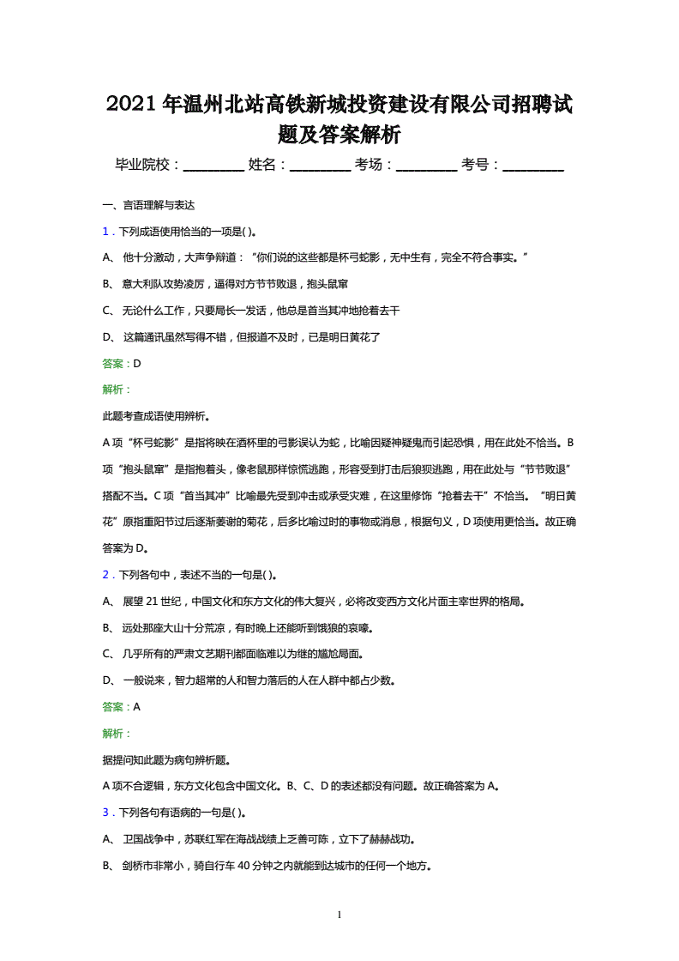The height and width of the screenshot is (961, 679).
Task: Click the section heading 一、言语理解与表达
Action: (148, 205)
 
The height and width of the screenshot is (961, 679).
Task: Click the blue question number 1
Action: (105, 232)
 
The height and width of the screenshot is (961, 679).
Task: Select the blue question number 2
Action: (105, 575)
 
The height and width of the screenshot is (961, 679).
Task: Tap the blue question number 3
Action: (105, 813)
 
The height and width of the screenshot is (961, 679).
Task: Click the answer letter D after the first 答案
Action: (137, 363)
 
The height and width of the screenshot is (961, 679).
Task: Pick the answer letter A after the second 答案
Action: (137, 707)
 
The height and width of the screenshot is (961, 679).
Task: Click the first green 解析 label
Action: (116, 390)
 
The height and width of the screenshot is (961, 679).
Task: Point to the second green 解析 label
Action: (116, 734)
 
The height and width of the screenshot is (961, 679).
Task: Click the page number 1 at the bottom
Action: (340, 916)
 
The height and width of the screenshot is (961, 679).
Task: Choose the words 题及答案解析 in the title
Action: (339, 136)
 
